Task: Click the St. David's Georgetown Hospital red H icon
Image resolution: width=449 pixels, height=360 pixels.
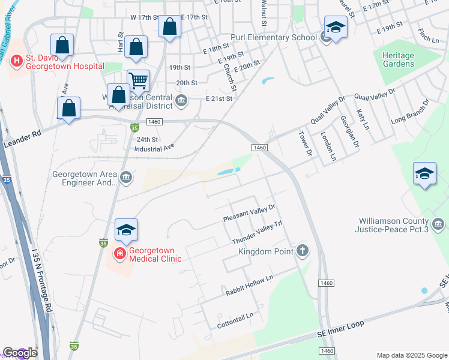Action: [16, 60]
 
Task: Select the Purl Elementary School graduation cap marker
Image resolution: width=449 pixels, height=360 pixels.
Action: [335, 28]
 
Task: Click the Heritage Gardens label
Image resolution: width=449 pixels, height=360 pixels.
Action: [398, 59]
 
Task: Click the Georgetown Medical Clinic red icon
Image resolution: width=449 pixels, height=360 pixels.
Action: [120, 254]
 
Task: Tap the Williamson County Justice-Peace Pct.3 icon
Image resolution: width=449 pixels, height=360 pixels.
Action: [438, 224]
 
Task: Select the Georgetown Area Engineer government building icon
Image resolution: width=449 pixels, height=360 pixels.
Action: [126, 176]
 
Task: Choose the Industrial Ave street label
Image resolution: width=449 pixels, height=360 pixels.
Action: [154, 147]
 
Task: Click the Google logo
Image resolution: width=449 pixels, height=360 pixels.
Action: [20, 353]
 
